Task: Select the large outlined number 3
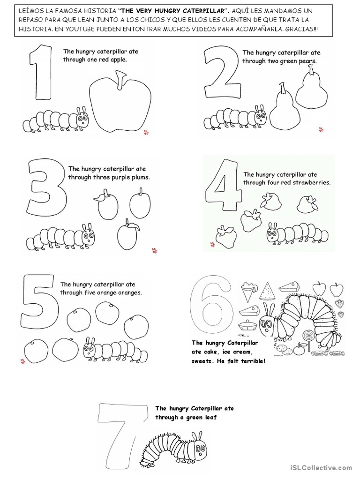(x=47, y=187)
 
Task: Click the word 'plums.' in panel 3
(x=140, y=177)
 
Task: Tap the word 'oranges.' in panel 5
(x=130, y=292)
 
